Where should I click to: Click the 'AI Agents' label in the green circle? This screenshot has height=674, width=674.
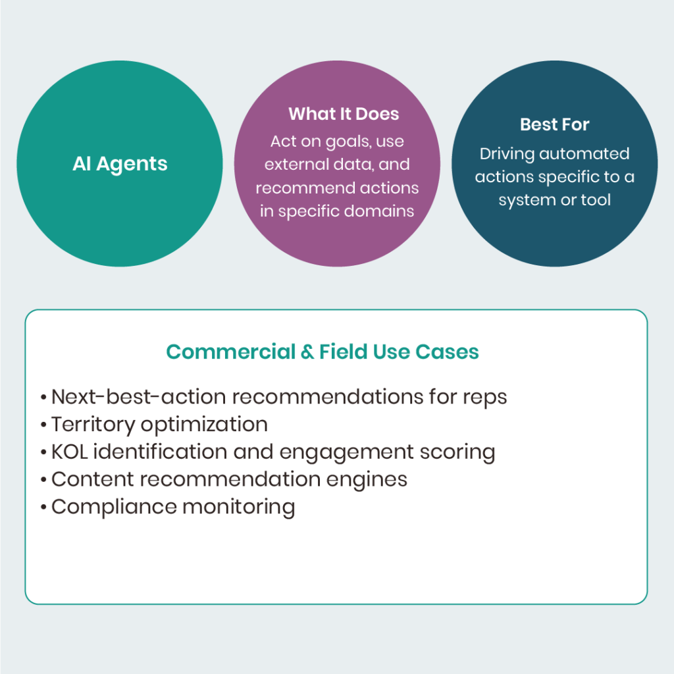(120, 164)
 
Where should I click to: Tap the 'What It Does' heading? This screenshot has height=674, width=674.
(344, 114)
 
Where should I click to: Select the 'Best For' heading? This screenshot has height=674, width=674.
(554, 124)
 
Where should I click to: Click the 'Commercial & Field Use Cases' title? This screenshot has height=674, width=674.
(322, 351)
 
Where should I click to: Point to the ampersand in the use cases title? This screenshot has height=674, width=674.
(307, 352)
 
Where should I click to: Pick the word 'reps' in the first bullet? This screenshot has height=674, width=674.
(485, 398)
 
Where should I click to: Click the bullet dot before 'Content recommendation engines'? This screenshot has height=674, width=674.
(43, 480)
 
